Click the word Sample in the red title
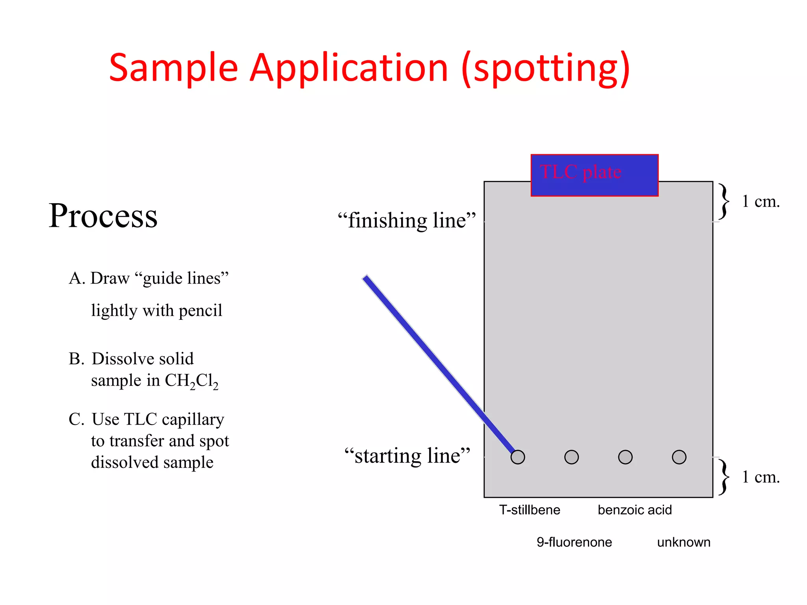pyautogui.click(x=173, y=69)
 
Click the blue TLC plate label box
pyautogui.click(x=594, y=175)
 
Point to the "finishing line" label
pyautogui.click(x=407, y=221)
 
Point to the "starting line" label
pyautogui.click(x=407, y=456)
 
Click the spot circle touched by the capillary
pyautogui.click(x=517, y=457)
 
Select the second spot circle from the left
pyautogui.click(x=571, y=457)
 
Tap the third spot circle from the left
pyautogui.click(x=625, y=457)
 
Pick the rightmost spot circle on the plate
pyautogui.click(x=679, y=457)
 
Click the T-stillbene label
pyautogui.click(x=529, y=510)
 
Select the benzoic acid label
pyautogui.click(x=634, y=510)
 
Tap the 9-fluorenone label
pyautogui.click(x=574, y=542)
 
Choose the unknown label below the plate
pyautogui.click(x=684, y=542)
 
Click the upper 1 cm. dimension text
pyautogui.click(x=761, y=202)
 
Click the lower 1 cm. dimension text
pyautogui.click(x=761, y=477)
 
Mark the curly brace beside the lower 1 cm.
pyautogui.click(x=723, y=477)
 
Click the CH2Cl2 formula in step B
pyautogui.click(x=192, y=381)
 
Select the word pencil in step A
pyautogui.click(x=201, y=311)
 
